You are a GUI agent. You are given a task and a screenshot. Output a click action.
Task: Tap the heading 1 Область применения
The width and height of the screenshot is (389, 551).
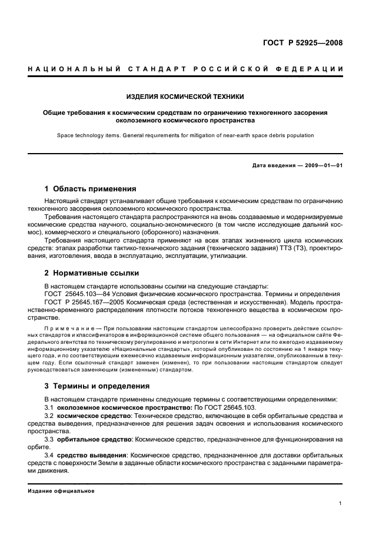coord(91,189)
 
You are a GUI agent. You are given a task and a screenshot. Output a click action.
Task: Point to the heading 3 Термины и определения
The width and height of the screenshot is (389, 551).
coord(97,386)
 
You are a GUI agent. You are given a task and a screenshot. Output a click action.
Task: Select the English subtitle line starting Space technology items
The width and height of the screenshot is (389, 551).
coord(185,135)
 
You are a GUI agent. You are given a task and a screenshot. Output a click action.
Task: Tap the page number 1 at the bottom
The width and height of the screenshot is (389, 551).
coord(341,503)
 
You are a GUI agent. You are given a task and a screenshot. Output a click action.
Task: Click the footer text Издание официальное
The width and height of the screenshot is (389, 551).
coord(61,490)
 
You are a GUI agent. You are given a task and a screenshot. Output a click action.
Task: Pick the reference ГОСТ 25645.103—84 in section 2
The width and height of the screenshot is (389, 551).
coord(78,294)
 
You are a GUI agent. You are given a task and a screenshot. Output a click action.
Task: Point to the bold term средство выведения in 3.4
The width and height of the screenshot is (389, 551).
coord(91,455)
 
